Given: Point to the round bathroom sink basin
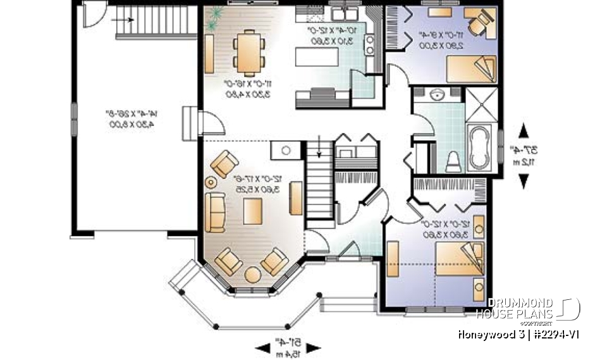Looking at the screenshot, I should pos(436,96).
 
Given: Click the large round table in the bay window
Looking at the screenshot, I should pos(252,276).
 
